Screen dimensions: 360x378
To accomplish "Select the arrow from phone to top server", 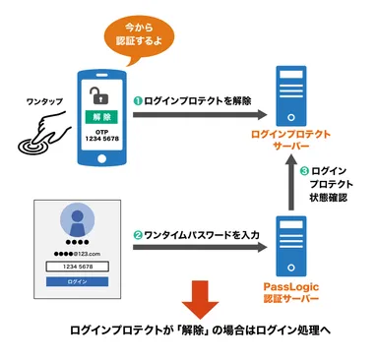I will (197, 115).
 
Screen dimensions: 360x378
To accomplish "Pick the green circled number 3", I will (304, 172).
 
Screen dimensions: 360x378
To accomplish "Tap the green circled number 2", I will (139, 235).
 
